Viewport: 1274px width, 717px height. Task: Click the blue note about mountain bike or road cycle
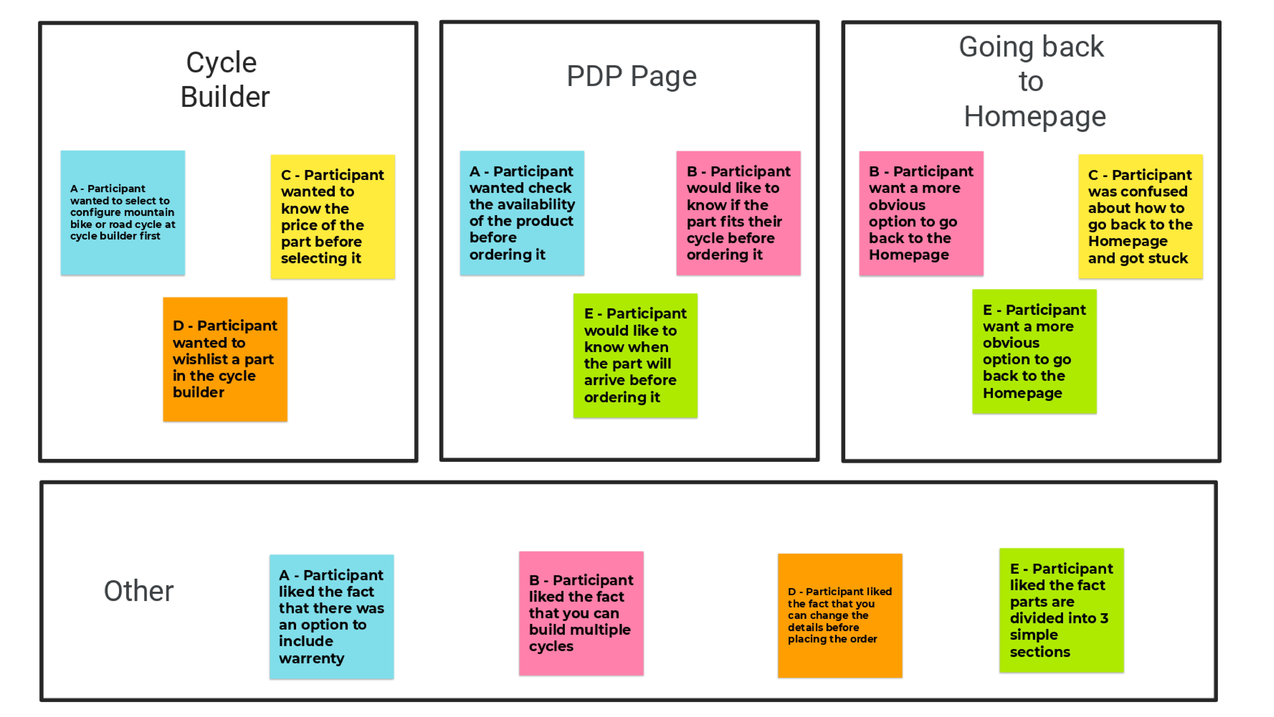(x=123, y=213)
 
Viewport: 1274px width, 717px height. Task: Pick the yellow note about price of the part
(x=332, y=217)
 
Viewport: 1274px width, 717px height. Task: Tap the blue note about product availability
(x=522, y=213)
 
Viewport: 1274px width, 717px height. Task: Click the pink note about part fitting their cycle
(x=738, y=213)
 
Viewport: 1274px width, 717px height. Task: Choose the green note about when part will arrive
(x=635, y=355)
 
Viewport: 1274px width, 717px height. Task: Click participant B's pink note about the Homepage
(x=921, y=213)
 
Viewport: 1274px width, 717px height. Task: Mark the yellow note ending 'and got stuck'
(x=1140, y=217)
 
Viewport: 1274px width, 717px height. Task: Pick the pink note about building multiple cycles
(x=581, y=613)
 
